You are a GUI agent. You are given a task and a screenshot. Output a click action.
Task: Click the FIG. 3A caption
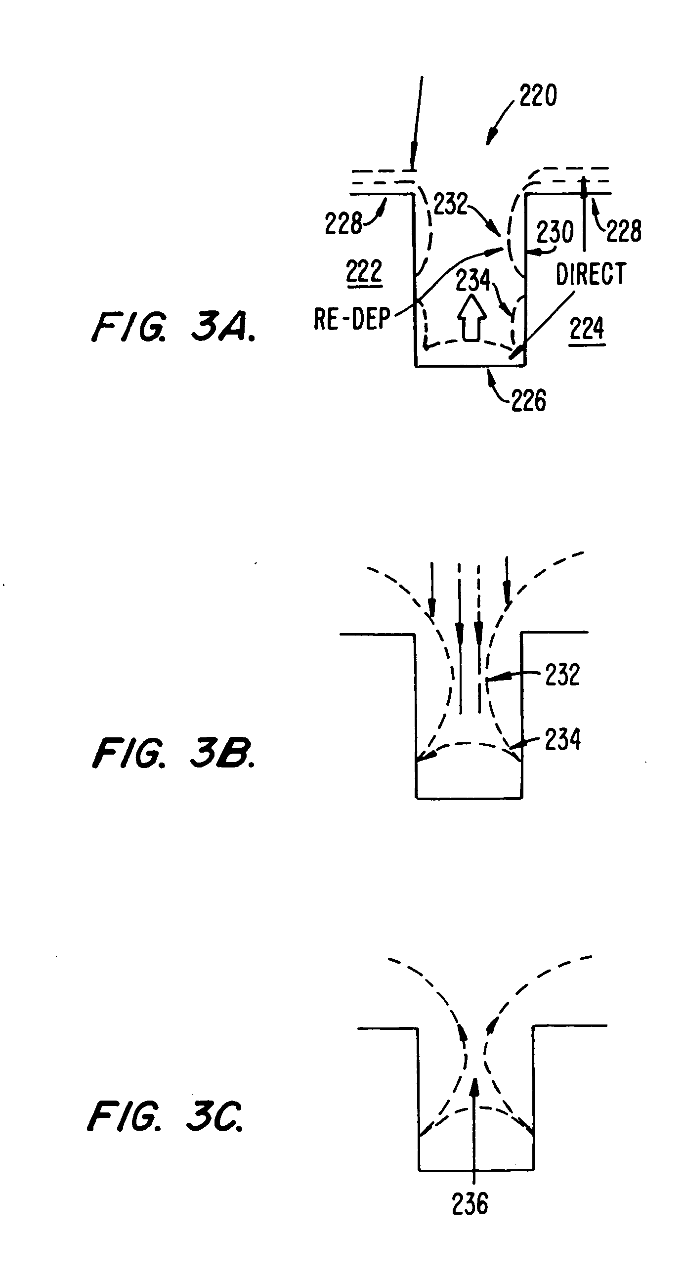[x=173, y=328]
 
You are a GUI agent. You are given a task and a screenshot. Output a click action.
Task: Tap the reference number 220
[x=538, y=95]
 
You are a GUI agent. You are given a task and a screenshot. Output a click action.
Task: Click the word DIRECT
[x=591, y=274]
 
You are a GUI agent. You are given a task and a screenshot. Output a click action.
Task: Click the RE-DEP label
[x=352, y=319]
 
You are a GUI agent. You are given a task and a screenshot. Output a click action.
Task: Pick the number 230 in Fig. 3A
[x=555, y=232]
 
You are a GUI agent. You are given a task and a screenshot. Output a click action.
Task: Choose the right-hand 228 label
[x=624, y=230]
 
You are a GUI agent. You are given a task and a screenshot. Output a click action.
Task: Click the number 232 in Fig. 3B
[x=562, y=675]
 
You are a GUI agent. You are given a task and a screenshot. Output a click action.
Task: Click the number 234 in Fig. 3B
[x=562, y=739]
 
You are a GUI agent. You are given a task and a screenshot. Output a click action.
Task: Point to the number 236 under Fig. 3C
[x=470, y=1203]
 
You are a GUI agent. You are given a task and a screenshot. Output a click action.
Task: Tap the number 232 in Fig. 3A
[x=451, y=203]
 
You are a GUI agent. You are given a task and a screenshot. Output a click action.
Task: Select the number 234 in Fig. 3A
[x=473, y=280]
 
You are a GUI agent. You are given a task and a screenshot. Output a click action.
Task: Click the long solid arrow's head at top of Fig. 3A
[x=412, y=162]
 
